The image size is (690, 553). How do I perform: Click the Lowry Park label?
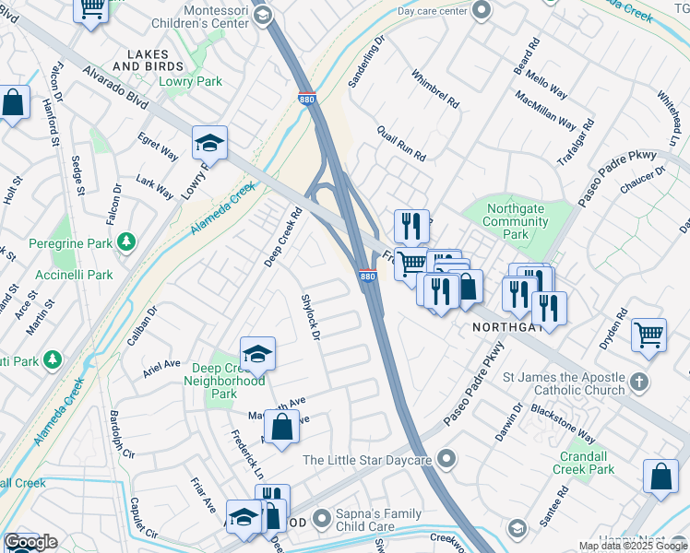pyautogui.click(x=189, y=82)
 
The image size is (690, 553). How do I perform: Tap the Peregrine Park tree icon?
pyautogui.click(x=125, y=243)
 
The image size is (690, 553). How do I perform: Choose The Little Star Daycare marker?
pyautogui.click(x=447, y=458)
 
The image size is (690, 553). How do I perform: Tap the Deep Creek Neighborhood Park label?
pyautogui.click(x=224, y=381)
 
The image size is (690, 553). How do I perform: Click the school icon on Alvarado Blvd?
pyautogui.click(x=209, y=144)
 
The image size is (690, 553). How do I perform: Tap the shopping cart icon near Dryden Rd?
pyautogui.click(x=649, y=335)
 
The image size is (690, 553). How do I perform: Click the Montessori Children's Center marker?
pyautogui.click(x=263, y=15)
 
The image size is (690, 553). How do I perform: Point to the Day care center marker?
pyautogui.click(x=481, y=10)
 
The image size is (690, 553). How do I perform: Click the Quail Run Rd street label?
pyautogui.click(x=401, y=143)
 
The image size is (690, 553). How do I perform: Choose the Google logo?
pyautogui.click(x=30, y=542)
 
